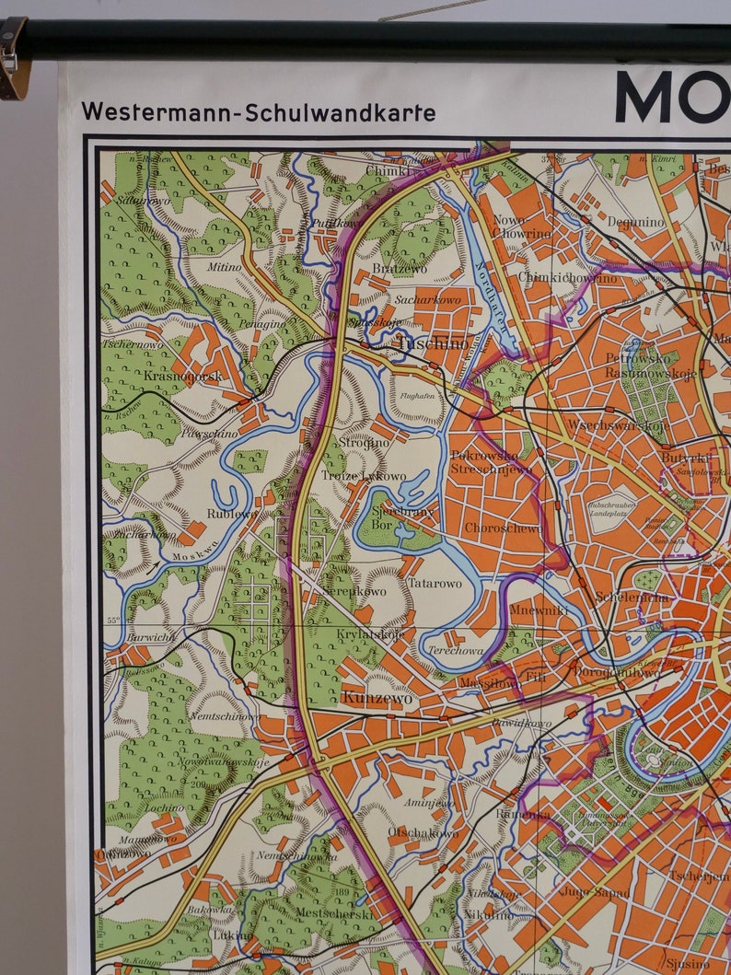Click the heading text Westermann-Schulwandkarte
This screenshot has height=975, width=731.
click(258, 112)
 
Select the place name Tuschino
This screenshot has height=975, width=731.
click(432, 343)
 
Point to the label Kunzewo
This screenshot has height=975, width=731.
click(377, 698)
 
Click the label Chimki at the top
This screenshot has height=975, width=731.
click(387, 170)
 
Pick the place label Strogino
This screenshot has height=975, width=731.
click(364, 442)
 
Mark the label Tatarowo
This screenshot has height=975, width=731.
click(435, 584)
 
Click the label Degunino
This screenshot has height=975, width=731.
click(635, 222)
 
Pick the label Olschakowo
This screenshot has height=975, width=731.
click(423, 833)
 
